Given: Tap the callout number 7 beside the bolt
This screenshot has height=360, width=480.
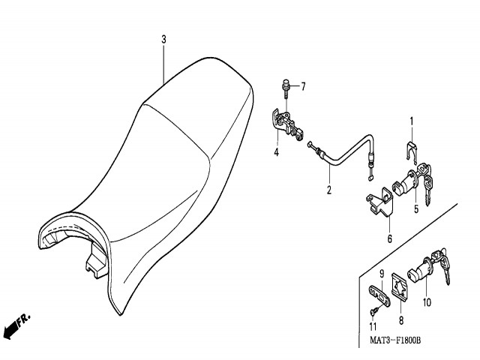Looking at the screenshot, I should pos(304,88).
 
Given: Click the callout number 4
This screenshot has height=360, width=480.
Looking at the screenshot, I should pos(276,153).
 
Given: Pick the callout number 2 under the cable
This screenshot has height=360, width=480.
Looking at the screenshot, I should pos(328,190).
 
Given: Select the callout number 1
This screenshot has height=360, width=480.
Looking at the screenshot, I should pos(411,121).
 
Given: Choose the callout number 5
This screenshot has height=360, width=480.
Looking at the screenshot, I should pos(416,209).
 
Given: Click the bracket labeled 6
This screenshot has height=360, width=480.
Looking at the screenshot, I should pos(380,205).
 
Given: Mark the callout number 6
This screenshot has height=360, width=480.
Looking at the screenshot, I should pos(389,239).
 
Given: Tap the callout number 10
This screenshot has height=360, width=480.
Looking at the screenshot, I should pos(427,302).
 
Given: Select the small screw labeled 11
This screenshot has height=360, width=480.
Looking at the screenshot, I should pos(373,311).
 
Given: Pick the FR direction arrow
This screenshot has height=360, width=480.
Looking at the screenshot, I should pos(17,325).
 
